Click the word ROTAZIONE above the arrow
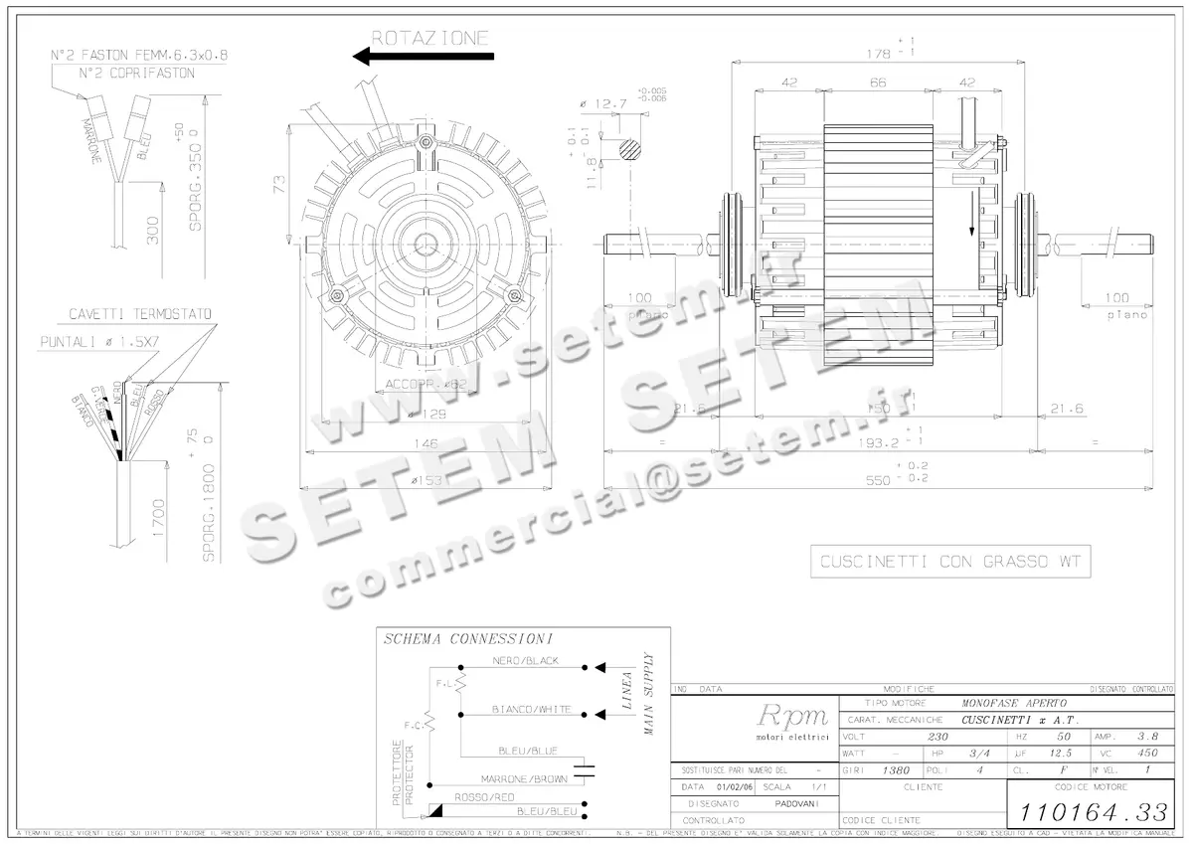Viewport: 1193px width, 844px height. pos(429,39)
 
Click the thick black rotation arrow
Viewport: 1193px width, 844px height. pos(424,58)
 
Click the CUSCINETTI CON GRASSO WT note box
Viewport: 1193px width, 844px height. pos(949,563)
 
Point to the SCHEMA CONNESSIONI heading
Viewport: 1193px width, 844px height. pos(468,639)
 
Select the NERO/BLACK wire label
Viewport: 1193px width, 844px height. pos(525,661)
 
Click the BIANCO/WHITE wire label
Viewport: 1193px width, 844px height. pos(531,710)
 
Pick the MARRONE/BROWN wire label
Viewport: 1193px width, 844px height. pos(524,778)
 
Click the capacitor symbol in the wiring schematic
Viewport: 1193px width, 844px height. pos(586,767)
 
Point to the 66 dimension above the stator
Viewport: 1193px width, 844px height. pos(878,84)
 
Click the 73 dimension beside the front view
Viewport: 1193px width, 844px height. pos(280,183)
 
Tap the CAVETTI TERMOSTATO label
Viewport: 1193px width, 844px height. pos(139,314)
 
